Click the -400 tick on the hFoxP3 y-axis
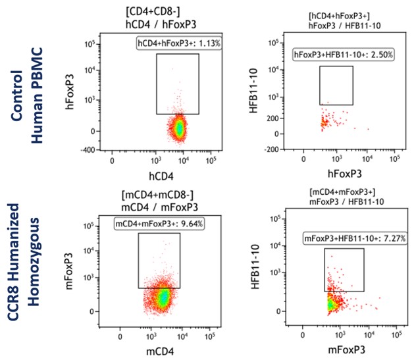86,149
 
